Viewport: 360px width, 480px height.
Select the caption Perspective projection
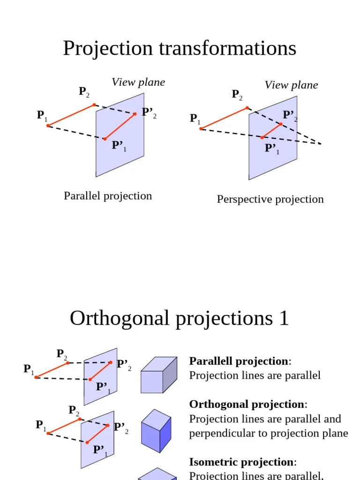pos(270,199)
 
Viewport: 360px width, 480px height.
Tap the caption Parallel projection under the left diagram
pos(108,196)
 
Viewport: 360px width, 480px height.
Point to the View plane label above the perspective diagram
pos(291,85)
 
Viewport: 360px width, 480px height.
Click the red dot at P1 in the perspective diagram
pos(201,128)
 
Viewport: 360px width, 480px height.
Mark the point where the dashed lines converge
pos(321,144)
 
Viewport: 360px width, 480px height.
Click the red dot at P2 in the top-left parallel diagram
pos(94,105)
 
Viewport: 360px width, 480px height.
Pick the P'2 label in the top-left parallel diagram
pos(148,112)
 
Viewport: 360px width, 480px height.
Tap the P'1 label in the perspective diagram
pos(271,149)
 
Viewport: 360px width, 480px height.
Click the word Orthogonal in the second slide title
pos(119,319)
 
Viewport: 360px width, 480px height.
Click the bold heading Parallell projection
pos(239,361)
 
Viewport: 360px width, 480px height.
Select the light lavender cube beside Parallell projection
pos(158,375)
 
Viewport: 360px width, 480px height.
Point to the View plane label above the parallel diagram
pos(138,82)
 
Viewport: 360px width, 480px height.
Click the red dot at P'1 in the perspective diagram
pos(262,137)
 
